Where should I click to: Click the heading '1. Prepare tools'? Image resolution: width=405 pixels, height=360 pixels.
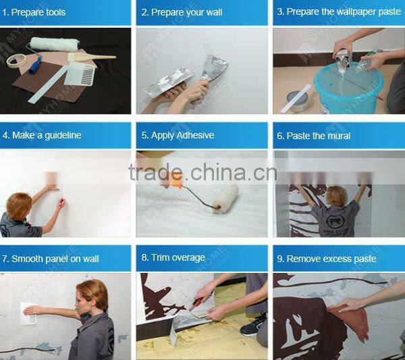point(34,12)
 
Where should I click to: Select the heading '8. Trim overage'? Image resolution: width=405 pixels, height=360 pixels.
point(173,257)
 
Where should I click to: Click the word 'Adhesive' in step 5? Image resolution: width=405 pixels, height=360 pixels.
point(196,135)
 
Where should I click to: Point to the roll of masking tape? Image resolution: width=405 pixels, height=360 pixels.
point(16,61)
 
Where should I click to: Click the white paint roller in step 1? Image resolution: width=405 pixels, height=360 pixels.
point(54,44)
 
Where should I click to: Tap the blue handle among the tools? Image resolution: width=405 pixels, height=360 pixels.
point(35,66)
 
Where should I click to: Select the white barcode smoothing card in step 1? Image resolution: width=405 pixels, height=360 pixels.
point(80,74)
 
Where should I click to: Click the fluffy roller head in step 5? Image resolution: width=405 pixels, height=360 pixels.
point(225,199)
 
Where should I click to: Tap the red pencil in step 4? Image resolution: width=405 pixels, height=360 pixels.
point(61,203)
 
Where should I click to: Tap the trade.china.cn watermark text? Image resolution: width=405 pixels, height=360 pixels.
point(202,172)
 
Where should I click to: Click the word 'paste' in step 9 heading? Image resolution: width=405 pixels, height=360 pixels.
point(364,259)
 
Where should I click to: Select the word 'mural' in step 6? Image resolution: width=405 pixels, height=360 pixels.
point(340,136)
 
